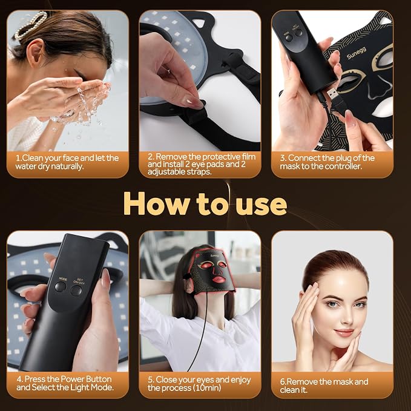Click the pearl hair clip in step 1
click(31, 25)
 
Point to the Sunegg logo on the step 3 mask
click(357, 53)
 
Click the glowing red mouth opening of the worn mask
click(219, 279)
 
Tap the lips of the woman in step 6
click(344, 332)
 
